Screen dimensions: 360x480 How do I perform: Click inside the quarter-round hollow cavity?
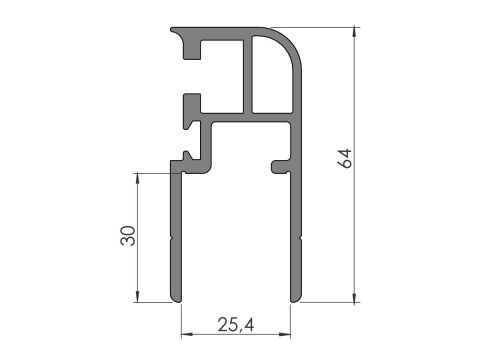click(272, 75)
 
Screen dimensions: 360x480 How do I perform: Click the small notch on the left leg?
click(174, 237)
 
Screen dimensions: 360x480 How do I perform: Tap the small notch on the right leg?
click(298, 237)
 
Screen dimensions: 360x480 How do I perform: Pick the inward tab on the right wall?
click(277, 162)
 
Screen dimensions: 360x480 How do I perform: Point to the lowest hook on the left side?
click(187, 157)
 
